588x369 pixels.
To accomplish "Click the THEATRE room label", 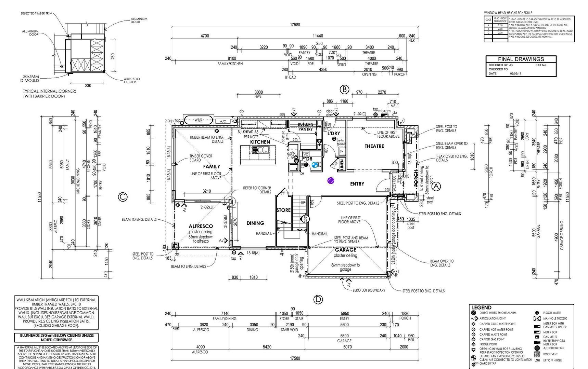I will pyautogui.click(x=374, y=146).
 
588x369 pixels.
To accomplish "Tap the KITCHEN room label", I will pyautogui.click(x=260, y=142).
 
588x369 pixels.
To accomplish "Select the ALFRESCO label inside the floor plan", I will pyautogui.click(x=201, y=226).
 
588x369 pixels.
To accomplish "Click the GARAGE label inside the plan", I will pyautogui.click(x=345, y=250).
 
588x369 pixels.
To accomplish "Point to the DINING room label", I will pyautogui.click(x=255, y=223).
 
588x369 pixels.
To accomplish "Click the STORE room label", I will pyautogui.click(x=283, y=210).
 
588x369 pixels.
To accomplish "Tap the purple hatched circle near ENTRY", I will pyautogui.click(x=331, y=180).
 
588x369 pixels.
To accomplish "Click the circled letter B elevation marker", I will pyautogui.click(x=344, y=90).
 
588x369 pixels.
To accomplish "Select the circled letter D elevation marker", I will pyautogui.click(x=318, y=300).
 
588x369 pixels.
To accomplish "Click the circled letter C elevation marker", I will pyautogui.click(x=123, y=197).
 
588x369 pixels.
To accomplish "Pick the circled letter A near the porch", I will pyautogui.click(x=436, y=187).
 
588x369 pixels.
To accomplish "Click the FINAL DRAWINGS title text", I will pyautogui.click(x=521, y=59).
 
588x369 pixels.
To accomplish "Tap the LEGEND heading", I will pyautogui.click(x=482, y=307).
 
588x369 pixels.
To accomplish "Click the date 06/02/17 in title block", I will pyautogui.click(x=516, y=73).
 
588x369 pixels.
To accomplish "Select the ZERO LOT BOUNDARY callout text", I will pyautogui.click(x=369, y=290).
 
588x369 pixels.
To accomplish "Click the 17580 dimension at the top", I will pyautogui.click(x=295, y=25).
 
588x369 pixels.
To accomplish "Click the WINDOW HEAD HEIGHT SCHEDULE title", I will pyautogui.click(x=508, y=13).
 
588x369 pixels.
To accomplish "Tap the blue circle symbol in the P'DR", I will pyautogui.click(x=315, y=165).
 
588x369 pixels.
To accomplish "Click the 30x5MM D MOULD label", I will pyautogui.click(x=31, y=79).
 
